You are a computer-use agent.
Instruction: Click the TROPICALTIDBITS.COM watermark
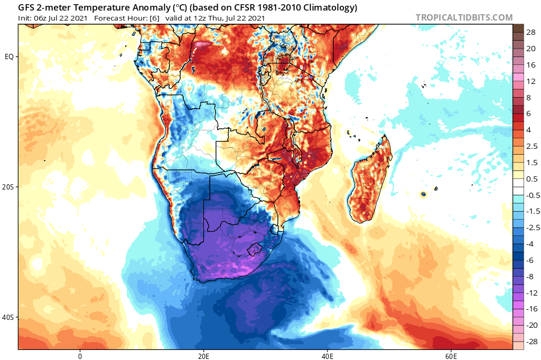click(x=464, y=17)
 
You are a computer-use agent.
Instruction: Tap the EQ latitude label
click(x=10, y=56)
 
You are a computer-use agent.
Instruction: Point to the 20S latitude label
click(x=9, y=187)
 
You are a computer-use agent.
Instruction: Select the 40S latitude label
click(x=9, y=317)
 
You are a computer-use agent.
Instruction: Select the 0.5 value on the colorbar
click(x=530, y=178)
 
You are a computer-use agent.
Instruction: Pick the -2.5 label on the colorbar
click(x=530, y=228)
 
